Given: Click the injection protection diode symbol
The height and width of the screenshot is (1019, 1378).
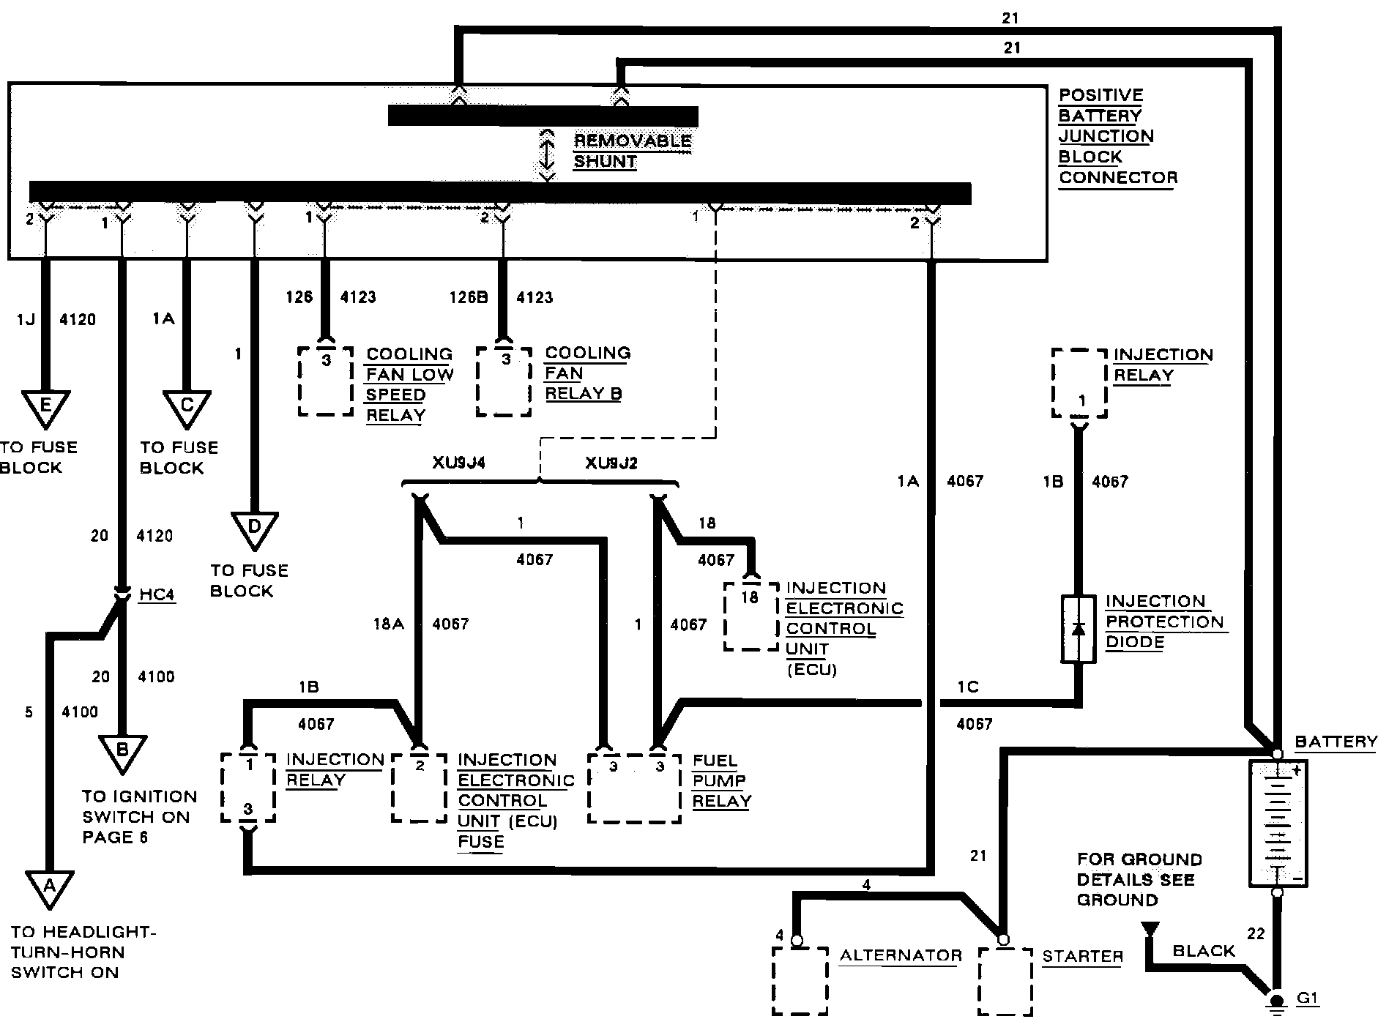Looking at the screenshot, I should [1079, 629].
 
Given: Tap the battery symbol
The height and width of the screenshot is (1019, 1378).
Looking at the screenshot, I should [1277, 823].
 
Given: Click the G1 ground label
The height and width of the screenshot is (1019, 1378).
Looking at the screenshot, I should [1308, 999].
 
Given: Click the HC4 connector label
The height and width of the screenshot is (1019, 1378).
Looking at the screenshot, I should [157, 594].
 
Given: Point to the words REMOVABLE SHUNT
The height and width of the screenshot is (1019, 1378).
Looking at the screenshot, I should [632, 151].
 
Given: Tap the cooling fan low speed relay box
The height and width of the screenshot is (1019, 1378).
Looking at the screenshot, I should [326, 381].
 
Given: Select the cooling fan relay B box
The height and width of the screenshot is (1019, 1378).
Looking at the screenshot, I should [504, 381].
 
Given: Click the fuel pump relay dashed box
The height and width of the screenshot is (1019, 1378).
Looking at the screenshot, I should [635, 786].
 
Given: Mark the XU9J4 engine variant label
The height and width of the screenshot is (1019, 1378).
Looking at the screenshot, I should [458, 463].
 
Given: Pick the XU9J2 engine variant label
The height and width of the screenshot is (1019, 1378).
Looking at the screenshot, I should [611, 463].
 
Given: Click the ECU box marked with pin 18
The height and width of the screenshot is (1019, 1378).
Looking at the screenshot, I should [750, 616].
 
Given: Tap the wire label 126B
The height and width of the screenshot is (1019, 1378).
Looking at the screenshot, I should [469, 297].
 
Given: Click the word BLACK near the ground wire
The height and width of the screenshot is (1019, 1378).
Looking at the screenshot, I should [1204, 951].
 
